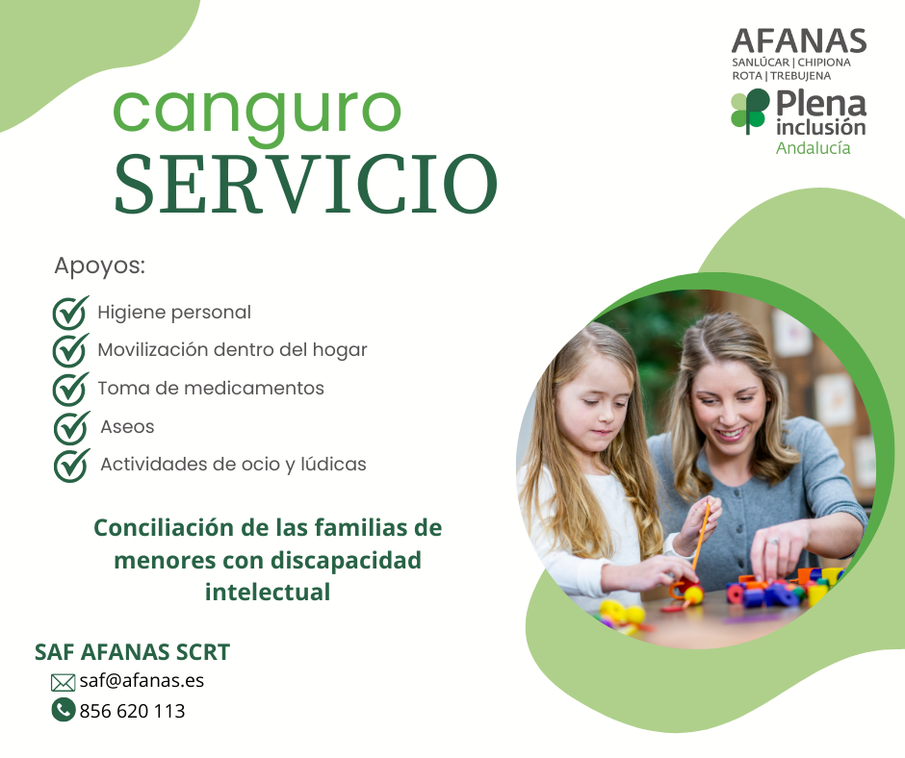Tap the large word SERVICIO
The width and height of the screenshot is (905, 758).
(306, 185)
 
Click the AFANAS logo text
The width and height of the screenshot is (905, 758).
(799, 41)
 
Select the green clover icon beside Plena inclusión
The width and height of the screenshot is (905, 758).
(750, 111)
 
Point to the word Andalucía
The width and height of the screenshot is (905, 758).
(813, 148)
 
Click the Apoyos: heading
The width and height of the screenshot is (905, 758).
(99, 266)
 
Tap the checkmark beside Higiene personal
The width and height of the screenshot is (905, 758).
(70, 313)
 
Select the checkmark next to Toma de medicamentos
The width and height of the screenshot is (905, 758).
(70, 390)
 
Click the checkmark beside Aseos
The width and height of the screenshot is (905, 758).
(71, 427)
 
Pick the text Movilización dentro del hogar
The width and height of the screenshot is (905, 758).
(232, 350)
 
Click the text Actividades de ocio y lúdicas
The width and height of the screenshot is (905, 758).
(233, 465)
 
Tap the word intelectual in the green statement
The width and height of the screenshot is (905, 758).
(268, 593)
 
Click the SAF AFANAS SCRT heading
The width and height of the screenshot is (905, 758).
(132, 652)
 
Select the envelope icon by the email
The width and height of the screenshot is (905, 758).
(63, 683)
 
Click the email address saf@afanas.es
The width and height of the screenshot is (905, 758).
(142, 681)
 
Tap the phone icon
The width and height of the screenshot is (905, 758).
(64, 710)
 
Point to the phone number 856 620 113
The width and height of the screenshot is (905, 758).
(132, 711)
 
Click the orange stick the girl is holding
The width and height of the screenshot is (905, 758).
(700, 536)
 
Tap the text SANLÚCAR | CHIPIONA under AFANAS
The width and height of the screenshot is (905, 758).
(791, 63)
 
